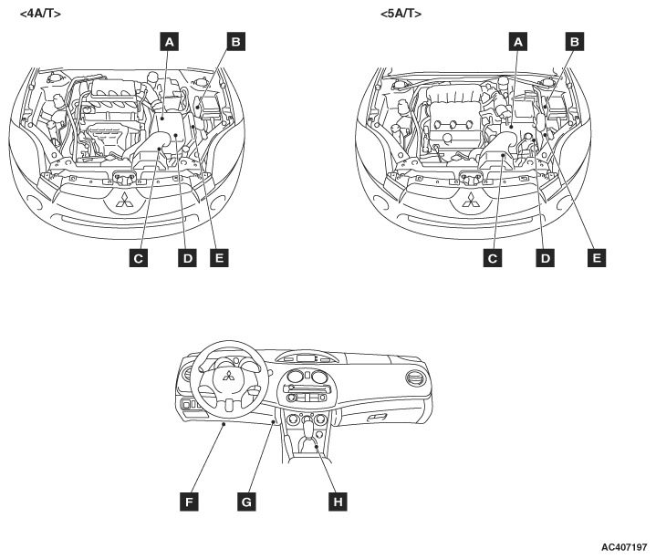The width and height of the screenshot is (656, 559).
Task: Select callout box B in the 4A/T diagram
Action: coord(234,41)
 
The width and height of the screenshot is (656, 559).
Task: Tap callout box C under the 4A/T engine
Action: coord(139,259)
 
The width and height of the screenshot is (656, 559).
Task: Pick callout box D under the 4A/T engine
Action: coord(186,259)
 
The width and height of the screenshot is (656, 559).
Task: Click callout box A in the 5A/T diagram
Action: coord(517,41)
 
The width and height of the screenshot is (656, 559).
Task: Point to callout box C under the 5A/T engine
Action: coord(493,259)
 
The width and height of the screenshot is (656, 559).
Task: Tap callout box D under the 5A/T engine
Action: coord(546,259)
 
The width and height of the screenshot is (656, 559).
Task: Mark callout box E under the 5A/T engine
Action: coord(597,259)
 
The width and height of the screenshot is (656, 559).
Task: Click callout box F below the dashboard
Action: coord(189,501)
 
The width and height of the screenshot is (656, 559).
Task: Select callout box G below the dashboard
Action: coord(244,501)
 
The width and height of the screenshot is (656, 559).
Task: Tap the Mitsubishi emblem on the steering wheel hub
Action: coord(228,378)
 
